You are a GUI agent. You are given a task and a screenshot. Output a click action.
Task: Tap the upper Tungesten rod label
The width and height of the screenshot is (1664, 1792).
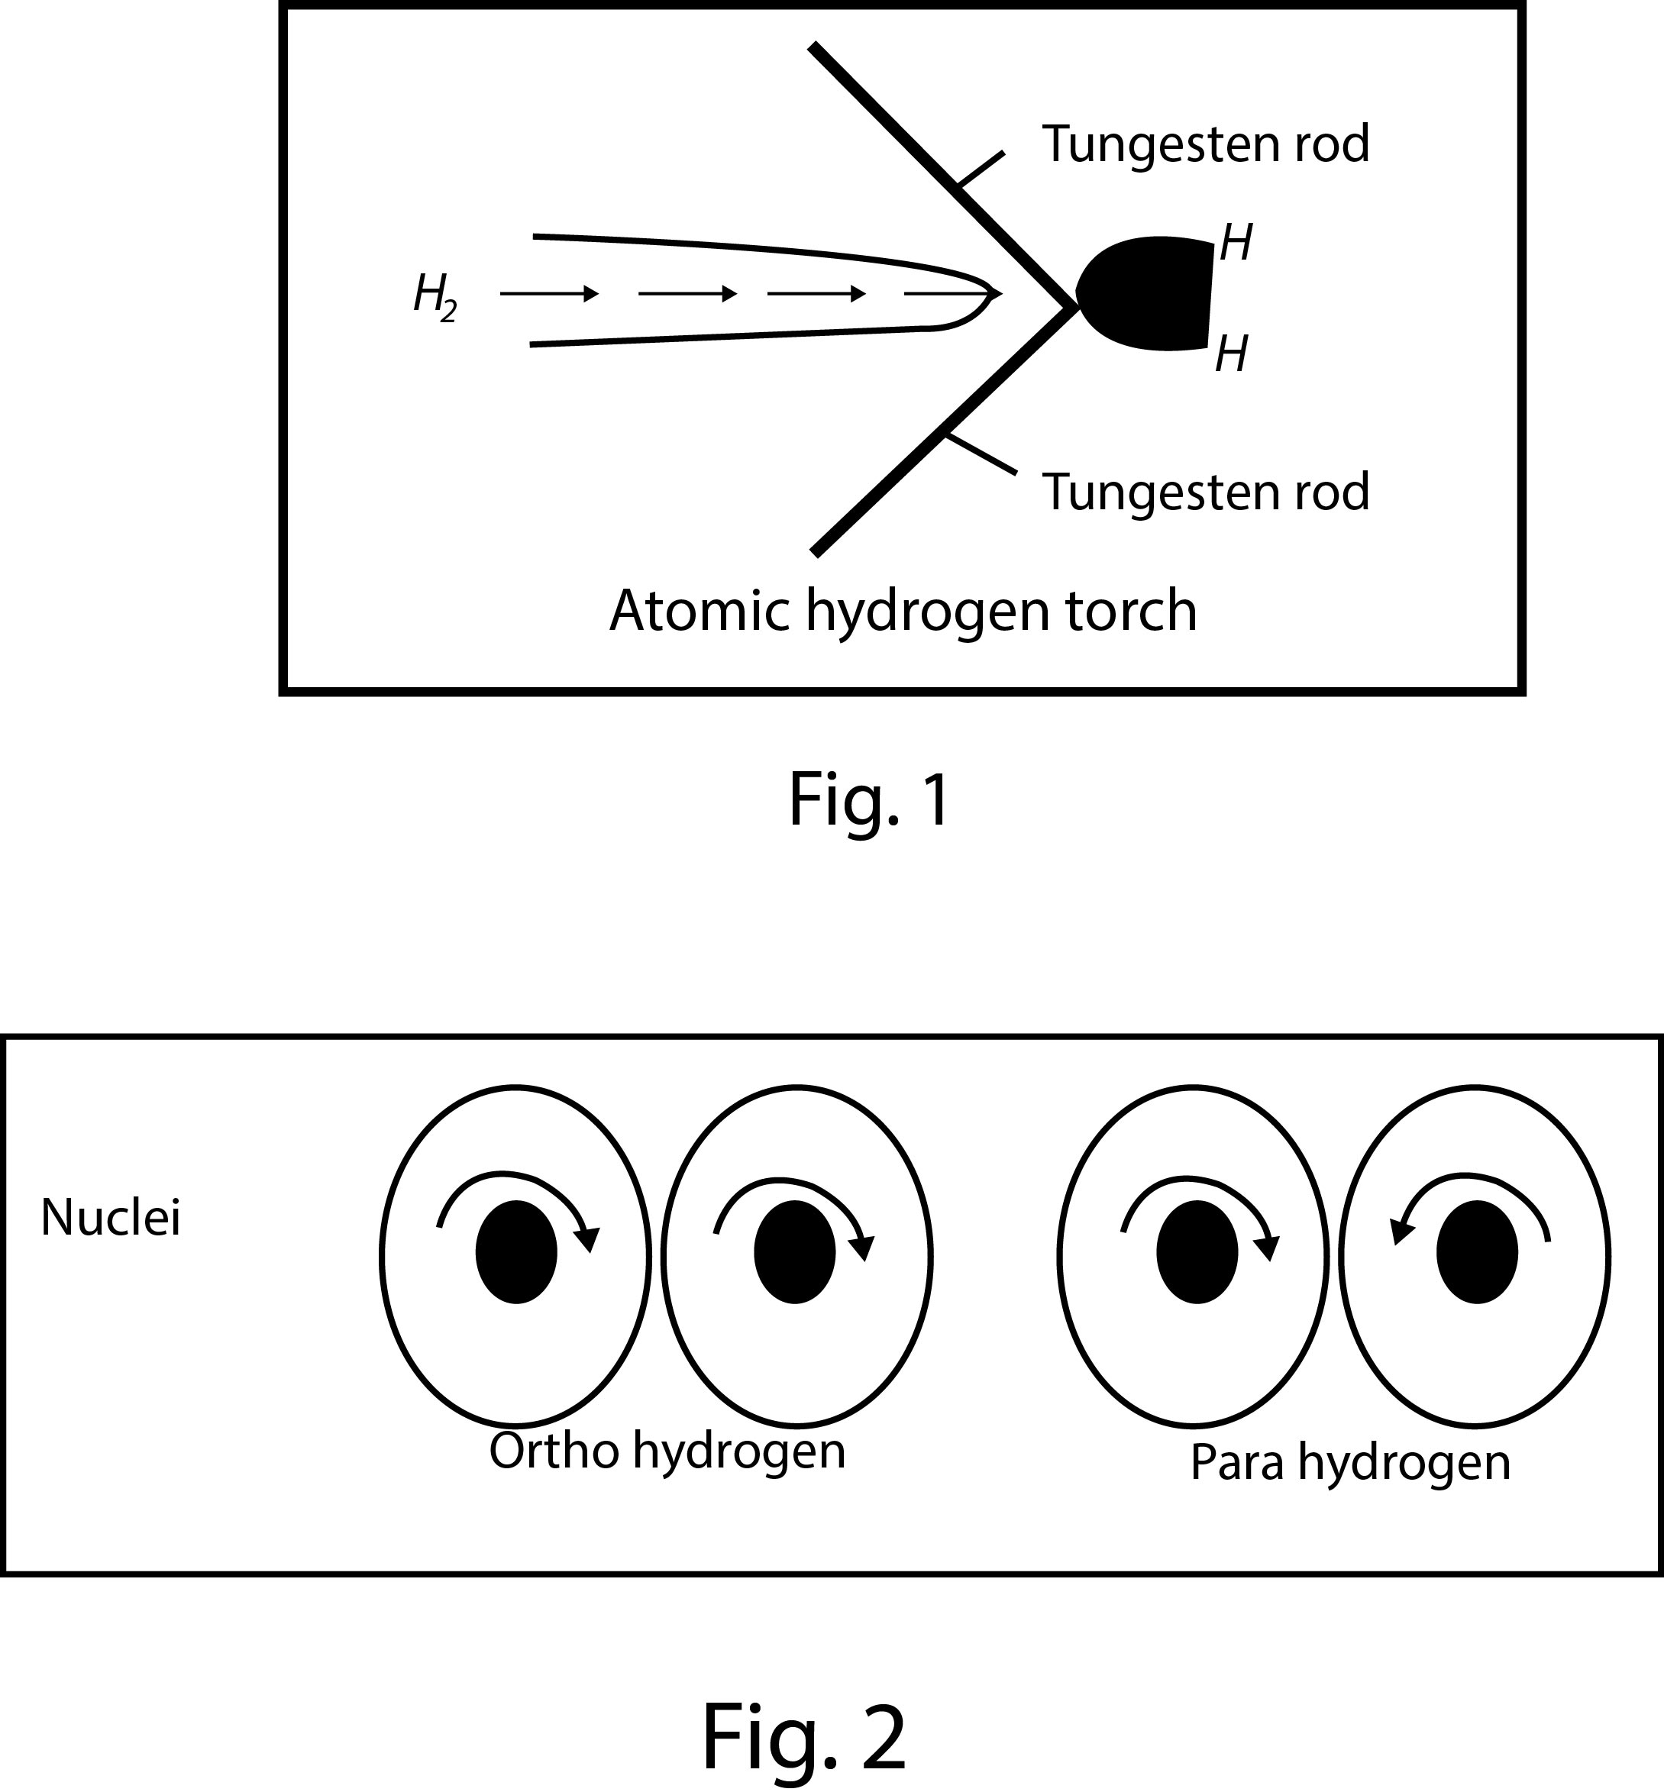pyautogui.click(x=1205, y=144)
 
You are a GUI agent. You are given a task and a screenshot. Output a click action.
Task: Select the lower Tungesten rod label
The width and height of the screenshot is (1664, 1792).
pyautogui.click(x=1205, y=492)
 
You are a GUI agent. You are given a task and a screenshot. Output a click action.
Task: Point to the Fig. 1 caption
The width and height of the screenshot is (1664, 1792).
pyautogui.click(x=869, y=800)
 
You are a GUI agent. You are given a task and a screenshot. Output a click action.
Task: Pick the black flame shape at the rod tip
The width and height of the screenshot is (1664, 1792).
pyautogui.click(x=1148, y=293)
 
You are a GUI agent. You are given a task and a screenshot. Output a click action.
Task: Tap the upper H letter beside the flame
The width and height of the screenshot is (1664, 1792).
pyautogui.click(x=1236, y=243)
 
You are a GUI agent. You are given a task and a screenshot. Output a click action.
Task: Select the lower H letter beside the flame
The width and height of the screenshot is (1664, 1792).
pyautogui.click(x=1231, y=354)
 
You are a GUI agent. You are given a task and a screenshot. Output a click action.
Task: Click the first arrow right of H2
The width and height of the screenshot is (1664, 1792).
pyautogui.click(x=549, y=293)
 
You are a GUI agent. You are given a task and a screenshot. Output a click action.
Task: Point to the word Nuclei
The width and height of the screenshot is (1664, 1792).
pyautogui.click(x=111, y=1219)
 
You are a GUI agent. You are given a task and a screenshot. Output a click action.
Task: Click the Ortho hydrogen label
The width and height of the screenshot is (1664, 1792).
pyautogui.click(x=667, y=1451)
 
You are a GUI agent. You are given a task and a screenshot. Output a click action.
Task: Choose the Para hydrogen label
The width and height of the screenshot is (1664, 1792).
pyautogui.click(x=1349, y=1463)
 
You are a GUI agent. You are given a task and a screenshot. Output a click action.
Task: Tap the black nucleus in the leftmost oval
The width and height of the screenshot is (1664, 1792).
pyautogui.click(x=516, y=1252)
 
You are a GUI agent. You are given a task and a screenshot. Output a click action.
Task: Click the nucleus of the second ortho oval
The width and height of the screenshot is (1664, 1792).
pyautogui.click(x=795, y=1252)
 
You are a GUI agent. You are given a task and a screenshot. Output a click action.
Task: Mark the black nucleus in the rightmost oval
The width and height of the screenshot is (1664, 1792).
pyautogui.click(x=1477, y=1252)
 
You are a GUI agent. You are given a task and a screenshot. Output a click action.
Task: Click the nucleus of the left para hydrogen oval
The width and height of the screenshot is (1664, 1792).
pyautogui.click(x=1197, y=1252)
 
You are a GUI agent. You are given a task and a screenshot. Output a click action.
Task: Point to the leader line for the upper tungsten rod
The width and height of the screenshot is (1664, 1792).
pyautogui.click(x=981, y=170)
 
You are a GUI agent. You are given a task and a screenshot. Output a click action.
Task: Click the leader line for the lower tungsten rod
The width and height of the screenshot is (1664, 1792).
pyautogui.click(x=981, y=454)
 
